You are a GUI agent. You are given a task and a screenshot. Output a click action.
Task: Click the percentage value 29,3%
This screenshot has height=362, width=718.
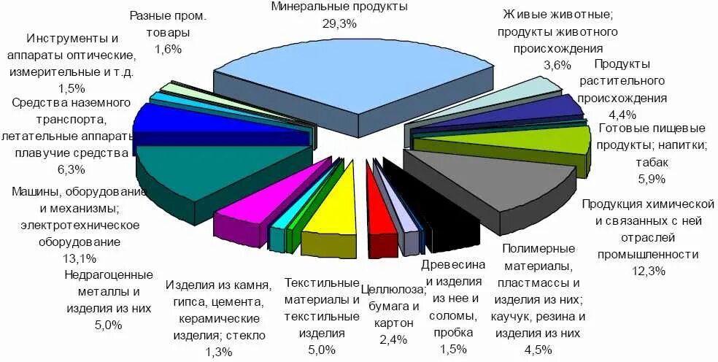click(x=339, y=23)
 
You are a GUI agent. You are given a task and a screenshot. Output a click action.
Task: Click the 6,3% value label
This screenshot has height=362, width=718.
click(x=70, y=169)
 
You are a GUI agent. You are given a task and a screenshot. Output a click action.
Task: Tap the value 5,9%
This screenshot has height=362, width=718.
click(x=651, y=180)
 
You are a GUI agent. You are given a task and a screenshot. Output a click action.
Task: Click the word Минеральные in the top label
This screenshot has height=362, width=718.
click(x=306, y=7)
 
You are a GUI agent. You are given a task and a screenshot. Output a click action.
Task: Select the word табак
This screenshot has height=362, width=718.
click(x=652, y=162)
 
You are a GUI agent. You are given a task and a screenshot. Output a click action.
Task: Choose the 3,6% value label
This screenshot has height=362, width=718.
click(x=557, y=65)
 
